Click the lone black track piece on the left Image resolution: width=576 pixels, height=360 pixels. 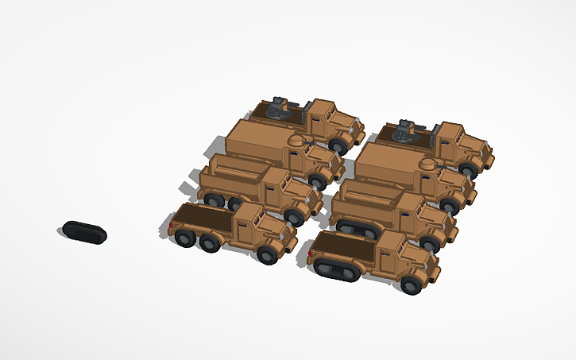click(84, 232)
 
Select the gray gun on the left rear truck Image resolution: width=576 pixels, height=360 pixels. click(279, 106)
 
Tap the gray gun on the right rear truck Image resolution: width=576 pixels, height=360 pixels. click(407, 129)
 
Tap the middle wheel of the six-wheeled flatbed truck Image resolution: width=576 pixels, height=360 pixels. click(210, 242)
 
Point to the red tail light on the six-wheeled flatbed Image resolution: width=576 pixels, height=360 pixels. click(170, 226)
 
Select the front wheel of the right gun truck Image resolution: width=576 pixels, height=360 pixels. click(468, 168)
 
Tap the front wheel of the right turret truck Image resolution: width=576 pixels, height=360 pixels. click(449, 206)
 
